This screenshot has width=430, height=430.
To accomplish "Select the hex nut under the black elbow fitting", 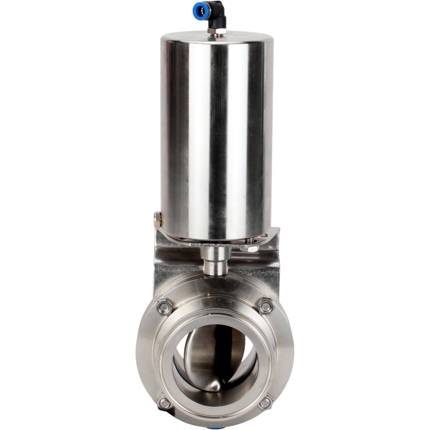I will (x=217, y=31).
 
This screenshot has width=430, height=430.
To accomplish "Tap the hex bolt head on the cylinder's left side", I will (x=157, y=220).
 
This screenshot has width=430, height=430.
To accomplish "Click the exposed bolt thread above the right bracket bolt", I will (x=250, y=241).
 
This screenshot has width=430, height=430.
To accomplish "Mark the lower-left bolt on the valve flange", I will (x=164, y=403).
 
